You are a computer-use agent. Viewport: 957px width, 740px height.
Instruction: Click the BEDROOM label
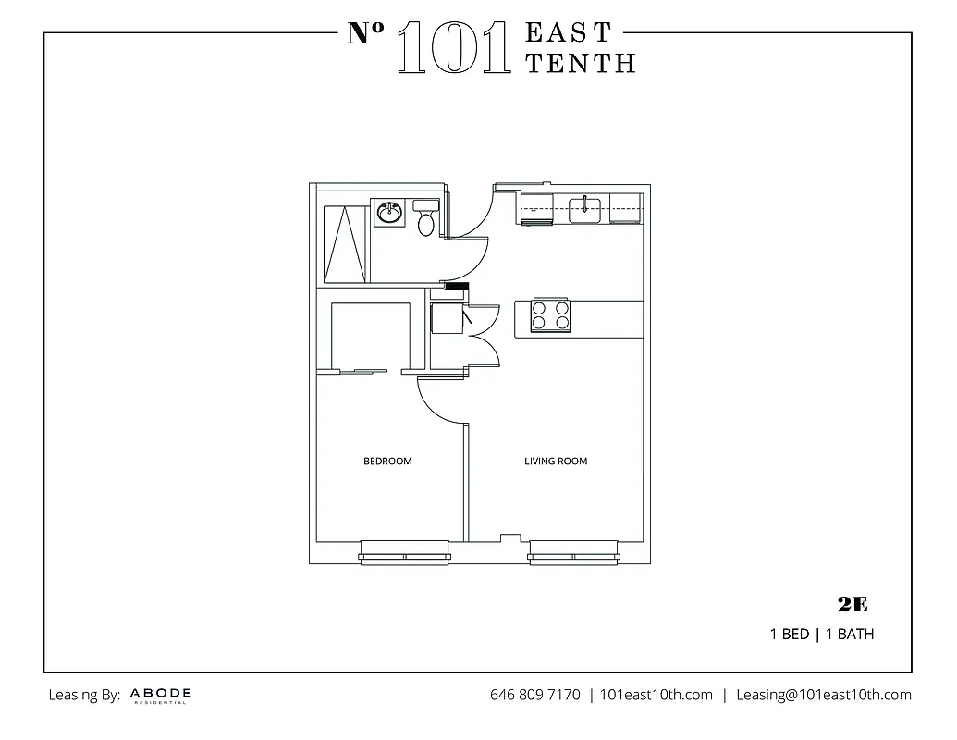387,461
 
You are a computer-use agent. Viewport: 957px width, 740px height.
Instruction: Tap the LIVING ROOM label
556,461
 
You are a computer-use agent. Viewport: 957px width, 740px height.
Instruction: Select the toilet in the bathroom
425,219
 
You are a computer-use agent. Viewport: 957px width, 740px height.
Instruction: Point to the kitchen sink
584,209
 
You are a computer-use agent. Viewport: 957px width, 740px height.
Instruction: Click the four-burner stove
549,316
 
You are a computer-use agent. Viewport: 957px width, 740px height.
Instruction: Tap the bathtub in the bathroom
346,242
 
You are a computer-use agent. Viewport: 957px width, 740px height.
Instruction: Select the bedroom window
403,555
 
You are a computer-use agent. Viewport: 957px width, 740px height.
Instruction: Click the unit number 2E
852,605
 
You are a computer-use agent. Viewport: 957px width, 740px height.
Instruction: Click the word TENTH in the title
581,62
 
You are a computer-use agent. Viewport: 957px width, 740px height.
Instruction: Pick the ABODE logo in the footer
161,695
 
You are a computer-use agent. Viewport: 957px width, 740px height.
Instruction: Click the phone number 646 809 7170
534,695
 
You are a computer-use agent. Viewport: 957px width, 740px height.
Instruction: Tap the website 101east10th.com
656,695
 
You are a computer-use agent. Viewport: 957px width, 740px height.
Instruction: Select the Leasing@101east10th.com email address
823,695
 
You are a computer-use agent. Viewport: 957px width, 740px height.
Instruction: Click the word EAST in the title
569,32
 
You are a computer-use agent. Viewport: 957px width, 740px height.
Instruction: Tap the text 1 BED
789,635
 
